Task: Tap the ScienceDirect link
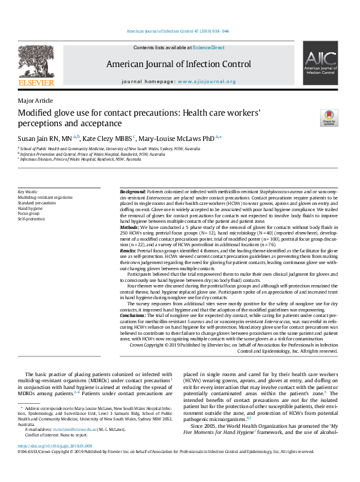[x=209, y=47]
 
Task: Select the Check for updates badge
[x=329, y=118]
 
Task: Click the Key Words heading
[x=28, y=192]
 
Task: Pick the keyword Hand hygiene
[x=31, y=208]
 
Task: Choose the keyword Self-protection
[x=31, y=219]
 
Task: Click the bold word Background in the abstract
[x=132, y=192]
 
